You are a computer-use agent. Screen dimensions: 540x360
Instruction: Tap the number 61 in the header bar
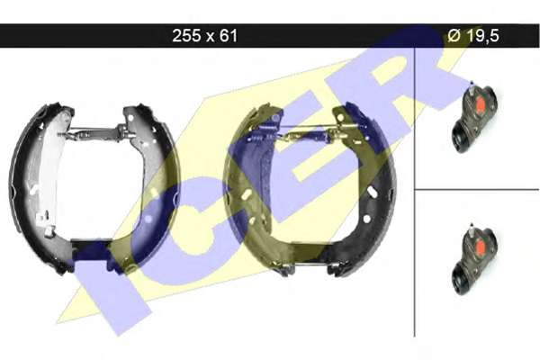coord(228,35)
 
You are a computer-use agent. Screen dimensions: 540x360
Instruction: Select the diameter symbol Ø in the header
coord(454,35)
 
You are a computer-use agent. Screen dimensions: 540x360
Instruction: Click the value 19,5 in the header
coord(482,36)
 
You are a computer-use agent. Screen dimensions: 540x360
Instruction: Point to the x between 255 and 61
coord(210,37)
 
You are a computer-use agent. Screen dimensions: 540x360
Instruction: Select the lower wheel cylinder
coord(474,260)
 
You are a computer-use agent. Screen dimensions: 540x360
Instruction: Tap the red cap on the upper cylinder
coord(480,103)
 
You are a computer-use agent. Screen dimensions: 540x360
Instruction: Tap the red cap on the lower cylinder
coord(480,246)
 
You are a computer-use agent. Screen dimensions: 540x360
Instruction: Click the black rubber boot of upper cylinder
coord(461,137)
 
